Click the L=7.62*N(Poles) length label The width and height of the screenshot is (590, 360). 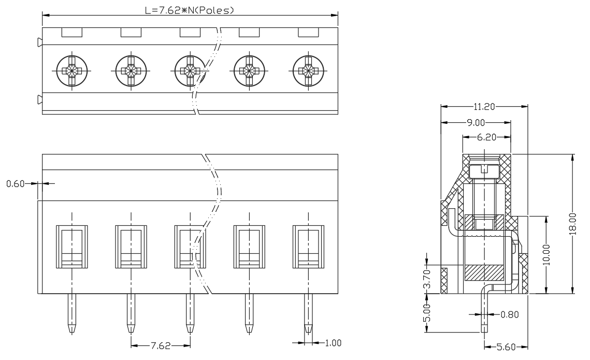190,10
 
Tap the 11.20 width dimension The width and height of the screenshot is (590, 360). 484,107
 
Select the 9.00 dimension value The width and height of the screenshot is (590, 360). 476,123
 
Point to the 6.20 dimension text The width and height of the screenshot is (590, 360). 486,138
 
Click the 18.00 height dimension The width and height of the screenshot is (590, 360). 572,224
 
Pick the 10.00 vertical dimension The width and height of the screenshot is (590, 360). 546,255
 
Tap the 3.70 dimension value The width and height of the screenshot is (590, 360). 426,279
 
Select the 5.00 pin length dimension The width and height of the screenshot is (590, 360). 426,313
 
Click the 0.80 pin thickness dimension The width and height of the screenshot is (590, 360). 510,314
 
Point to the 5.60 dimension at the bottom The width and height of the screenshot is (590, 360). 506,347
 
